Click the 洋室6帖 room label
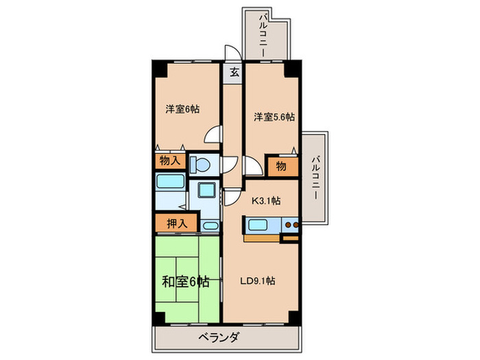tap(182, 109)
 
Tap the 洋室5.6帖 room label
tap(274, 117)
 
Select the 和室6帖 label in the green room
tap(186, 282)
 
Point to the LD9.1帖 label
tap(257, 281)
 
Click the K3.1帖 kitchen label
tap(266, 201)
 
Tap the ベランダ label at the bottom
tap(218, 337)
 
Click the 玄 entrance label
tap(235, 73)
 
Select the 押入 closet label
tap(177, 224)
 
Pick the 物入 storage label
tap(170, 160)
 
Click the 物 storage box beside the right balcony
tap(281, 166)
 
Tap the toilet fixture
tap(200, 165)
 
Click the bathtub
tap(171, 182)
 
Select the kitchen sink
tap(257, 225)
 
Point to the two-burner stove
tap(291, 225)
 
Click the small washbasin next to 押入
tap(210, 226)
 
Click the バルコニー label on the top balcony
tap(263, 34)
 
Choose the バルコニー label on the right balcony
tap(315, 178)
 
